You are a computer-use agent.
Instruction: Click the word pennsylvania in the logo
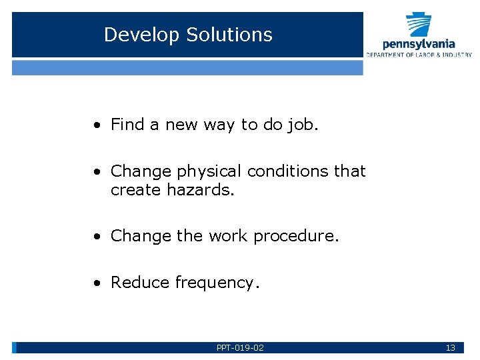pos(419,44)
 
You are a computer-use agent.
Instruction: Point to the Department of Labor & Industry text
pos(419,55)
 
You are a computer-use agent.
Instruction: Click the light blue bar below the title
pos(187,67)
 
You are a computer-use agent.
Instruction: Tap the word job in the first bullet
pos(302,125)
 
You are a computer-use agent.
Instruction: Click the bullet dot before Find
pos(97,125)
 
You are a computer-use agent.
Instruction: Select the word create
pos(135,190)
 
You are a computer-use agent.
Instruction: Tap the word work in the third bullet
pos(226,236)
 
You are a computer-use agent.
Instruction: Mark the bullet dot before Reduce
pos(97,283)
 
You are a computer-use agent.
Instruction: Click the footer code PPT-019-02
pos(240,348)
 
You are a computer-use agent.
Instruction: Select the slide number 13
pos(450,348)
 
